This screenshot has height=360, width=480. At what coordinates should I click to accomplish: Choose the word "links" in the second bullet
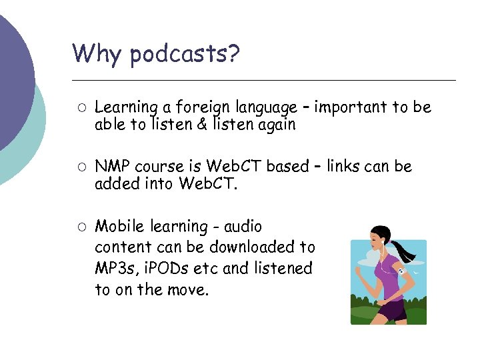coord(343,166)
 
